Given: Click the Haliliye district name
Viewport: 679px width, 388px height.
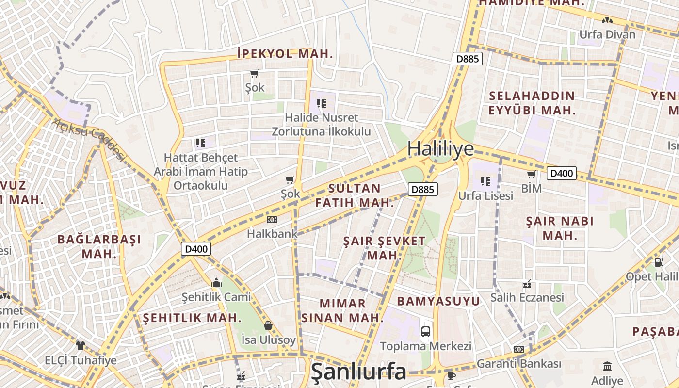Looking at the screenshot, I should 440,148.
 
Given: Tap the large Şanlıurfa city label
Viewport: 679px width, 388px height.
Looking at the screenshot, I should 358,372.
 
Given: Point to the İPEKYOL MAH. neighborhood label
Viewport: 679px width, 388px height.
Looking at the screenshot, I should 285,54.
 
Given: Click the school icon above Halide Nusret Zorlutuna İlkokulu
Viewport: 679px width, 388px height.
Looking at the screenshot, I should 321,103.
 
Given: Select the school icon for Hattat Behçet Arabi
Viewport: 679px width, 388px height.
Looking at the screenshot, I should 200,143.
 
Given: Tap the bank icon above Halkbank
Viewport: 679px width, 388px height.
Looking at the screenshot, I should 272,220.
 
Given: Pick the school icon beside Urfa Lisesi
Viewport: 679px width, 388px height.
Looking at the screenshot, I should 485,181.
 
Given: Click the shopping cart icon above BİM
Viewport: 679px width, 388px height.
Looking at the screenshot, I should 531,174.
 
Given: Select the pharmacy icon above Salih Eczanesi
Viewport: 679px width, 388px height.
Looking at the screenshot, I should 527,283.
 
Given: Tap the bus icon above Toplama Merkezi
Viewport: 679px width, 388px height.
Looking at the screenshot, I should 426,332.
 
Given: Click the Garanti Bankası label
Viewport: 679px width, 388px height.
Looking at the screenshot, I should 519,363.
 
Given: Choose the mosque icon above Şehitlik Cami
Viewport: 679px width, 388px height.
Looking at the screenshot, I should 216,282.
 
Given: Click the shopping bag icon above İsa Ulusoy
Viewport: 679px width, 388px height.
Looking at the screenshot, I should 268,325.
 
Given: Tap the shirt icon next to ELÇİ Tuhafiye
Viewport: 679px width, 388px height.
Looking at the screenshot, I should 80,346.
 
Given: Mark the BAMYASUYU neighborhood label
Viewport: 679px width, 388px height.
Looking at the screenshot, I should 438,301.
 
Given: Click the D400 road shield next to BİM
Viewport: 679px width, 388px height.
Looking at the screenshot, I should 562,173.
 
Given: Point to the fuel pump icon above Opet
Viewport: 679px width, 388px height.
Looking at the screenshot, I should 659,262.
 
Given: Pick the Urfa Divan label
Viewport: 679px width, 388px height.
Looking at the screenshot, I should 607,35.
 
